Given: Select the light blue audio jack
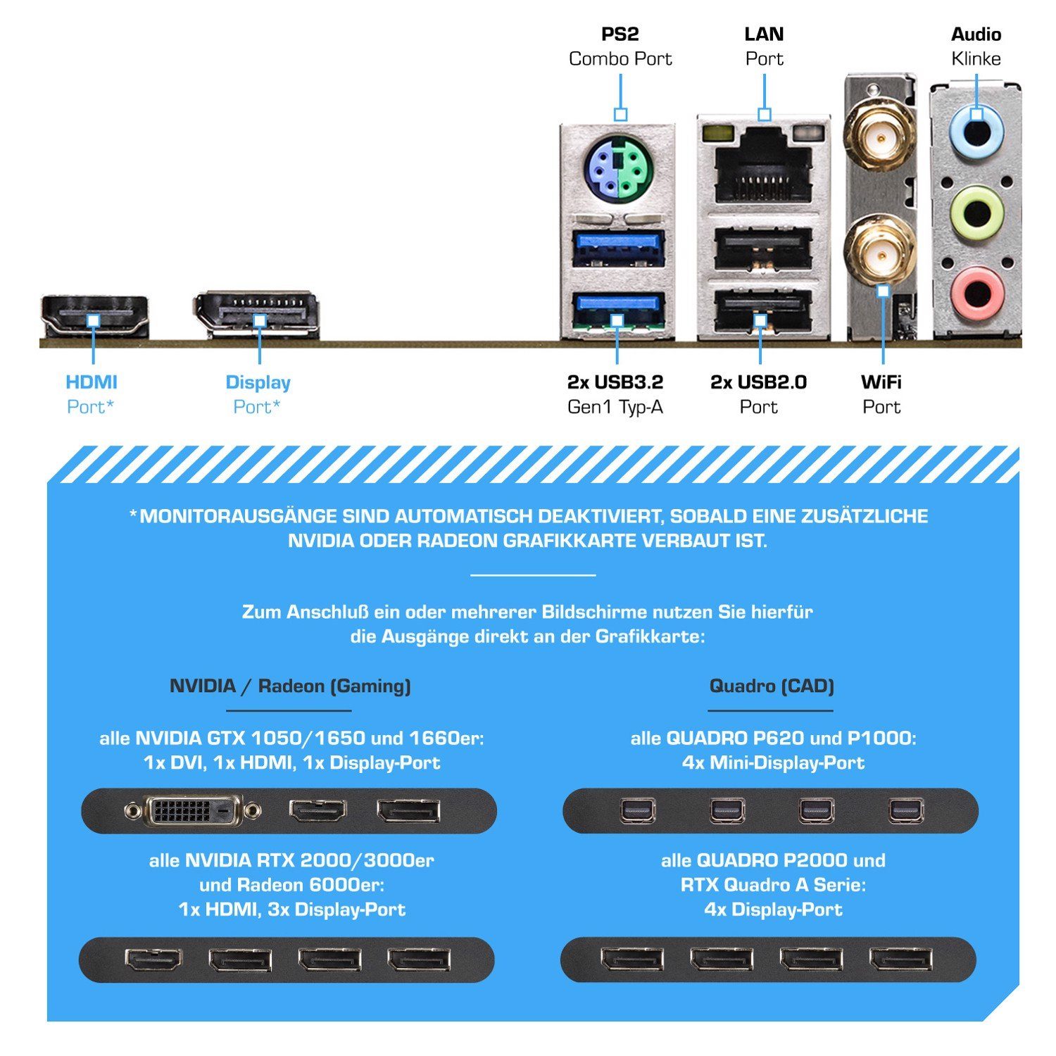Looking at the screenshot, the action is click(976, 132).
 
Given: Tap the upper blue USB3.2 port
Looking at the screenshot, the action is click(617, 248).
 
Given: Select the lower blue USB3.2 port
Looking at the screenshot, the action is click(617, 310).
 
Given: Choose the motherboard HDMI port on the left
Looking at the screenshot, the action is click(94, 315).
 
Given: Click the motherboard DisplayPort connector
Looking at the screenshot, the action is click(256, 315).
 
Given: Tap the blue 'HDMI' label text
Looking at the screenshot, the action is click(92, 382).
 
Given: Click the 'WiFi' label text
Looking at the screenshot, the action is click(881, 382).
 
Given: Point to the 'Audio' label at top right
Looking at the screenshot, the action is click(976, 34).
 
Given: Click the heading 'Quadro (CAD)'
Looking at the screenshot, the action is click(772, 686).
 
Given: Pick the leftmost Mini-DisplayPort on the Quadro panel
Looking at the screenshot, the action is click(639, 811).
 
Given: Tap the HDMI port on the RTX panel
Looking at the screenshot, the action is click(153, 960).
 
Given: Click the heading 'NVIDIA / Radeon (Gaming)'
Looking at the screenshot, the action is click(290, 686).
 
